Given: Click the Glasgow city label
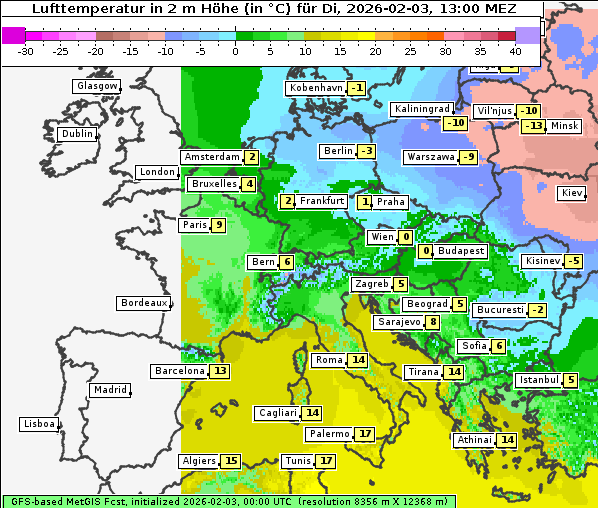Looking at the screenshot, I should pos(96,86).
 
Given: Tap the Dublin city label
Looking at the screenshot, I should pos(77,134).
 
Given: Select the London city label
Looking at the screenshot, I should pos(157,172).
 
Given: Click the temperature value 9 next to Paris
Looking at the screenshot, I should pos(218,225).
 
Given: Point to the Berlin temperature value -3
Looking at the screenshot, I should pos(367,151).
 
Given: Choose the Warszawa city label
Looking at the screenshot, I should pos(430,157).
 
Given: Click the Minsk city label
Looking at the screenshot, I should pos(564,126).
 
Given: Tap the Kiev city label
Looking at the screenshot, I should pos(572,193).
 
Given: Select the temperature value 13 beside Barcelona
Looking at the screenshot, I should pos(220,371).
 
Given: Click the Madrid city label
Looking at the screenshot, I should pos(110,390).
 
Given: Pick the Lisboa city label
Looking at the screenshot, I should pos(39,424).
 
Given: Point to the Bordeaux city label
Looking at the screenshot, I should pos(143,303).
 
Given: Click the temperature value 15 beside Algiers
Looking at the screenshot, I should pos(231,461).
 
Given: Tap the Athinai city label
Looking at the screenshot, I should pos(474,440).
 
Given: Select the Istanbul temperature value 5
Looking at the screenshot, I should pos(570,380).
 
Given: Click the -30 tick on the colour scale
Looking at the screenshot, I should pos(26,51).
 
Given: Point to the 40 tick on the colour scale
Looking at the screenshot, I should pos(516,51).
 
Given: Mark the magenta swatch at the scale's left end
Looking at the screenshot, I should pos(14,35).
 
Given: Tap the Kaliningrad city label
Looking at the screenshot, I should pos(422,108).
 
